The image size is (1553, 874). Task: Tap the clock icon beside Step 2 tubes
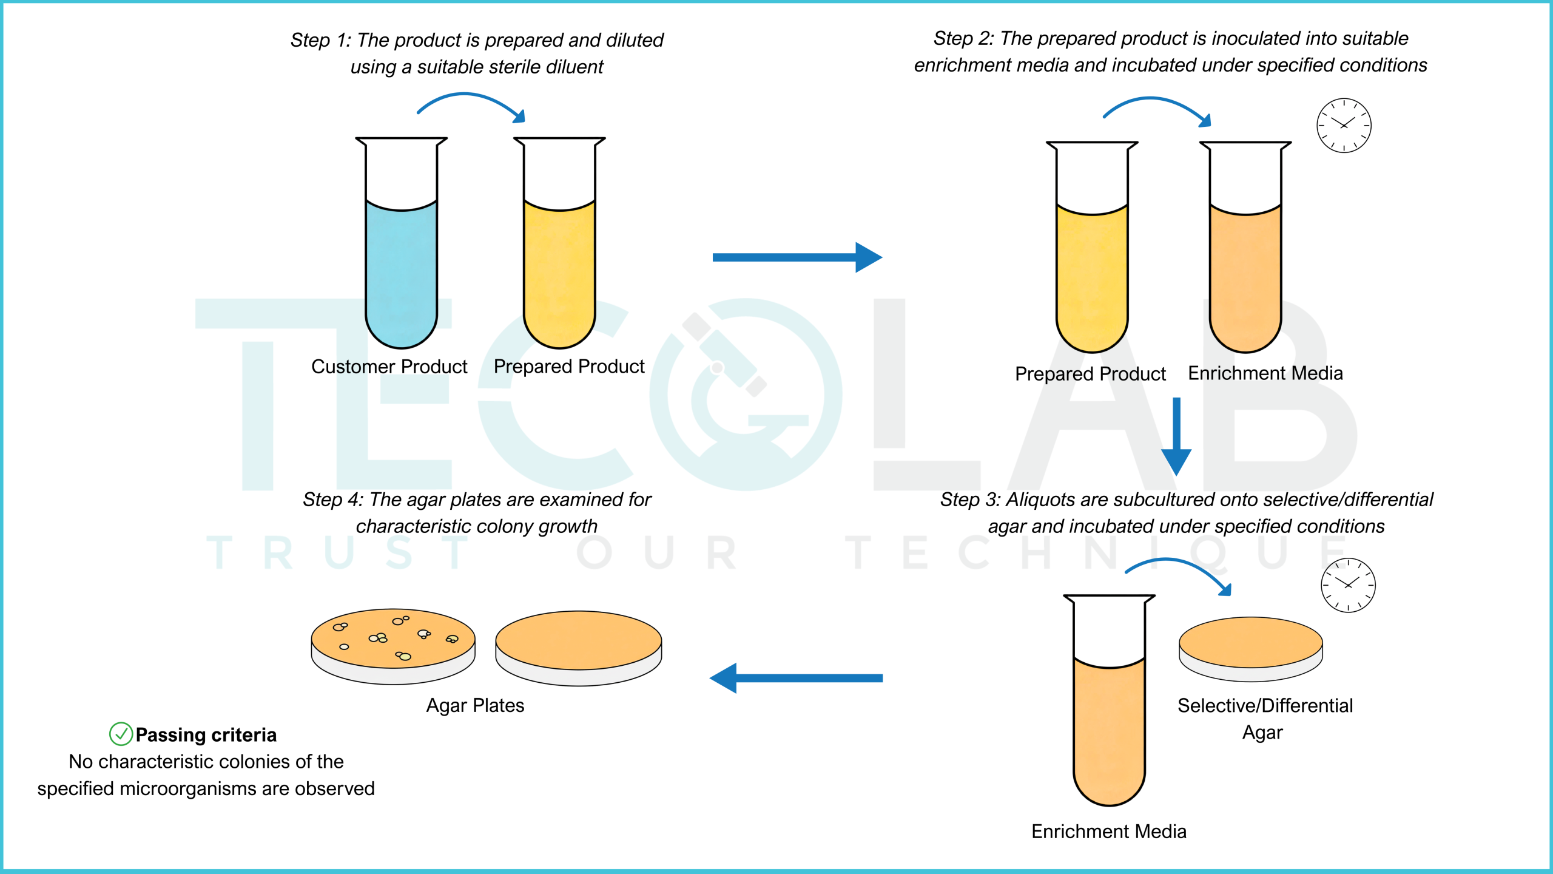(1344, 125)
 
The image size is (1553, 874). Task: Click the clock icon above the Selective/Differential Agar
(1348, 585)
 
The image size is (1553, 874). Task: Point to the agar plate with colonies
(393, 646)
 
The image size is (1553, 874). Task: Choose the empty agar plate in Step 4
(579, 648)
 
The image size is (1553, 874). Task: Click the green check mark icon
(121, 734)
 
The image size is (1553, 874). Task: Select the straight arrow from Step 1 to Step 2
(797, 257)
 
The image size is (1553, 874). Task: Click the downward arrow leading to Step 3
(1176, 436)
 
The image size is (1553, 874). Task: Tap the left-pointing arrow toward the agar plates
(796, 678)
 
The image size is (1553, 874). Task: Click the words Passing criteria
(206, 735)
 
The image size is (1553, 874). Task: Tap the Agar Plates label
(475, 705)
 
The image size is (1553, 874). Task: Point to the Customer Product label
(389, 367)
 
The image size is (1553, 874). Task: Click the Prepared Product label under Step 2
(1090, 374)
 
